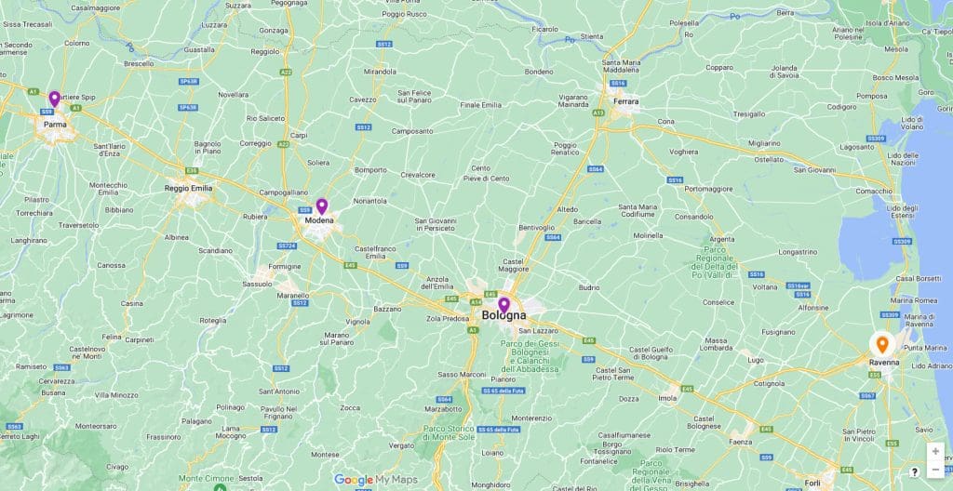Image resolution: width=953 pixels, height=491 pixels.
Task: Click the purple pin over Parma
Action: point(54,100)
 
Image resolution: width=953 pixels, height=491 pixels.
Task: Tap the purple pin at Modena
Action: point(322,206)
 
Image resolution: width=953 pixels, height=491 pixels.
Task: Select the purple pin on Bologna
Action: point(503,304)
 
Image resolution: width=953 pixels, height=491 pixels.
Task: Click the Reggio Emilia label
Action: point(189,188)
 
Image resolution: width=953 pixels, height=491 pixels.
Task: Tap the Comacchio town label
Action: point(874,191)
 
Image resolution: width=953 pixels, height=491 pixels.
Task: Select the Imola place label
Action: point(668,398)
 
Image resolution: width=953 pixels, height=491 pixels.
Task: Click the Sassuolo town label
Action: point(258,284)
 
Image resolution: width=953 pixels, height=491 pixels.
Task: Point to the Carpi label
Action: point(299,135)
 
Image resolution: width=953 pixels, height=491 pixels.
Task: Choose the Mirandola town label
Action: point(380,71)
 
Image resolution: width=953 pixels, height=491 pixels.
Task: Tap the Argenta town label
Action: point(722,239)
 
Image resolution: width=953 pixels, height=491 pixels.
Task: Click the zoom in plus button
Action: point(935,451)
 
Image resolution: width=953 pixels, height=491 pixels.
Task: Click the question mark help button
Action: point(915,471)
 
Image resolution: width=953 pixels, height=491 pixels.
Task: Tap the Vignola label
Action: point(357,322)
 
